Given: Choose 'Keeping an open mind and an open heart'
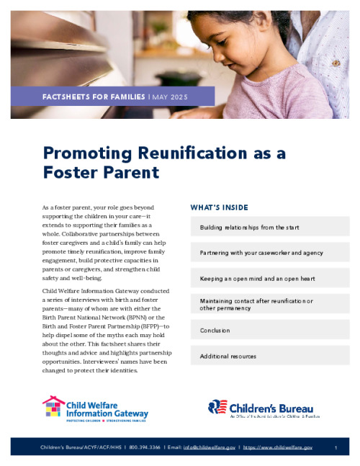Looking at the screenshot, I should click(257, 278).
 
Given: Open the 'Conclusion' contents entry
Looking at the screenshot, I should click(215, 330).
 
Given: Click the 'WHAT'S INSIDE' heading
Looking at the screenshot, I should click(220, 207).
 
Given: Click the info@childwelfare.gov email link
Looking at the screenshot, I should click(210, 448).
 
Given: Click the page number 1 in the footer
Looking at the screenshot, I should click(336, 448).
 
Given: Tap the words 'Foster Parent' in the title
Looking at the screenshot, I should click(101, 173).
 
